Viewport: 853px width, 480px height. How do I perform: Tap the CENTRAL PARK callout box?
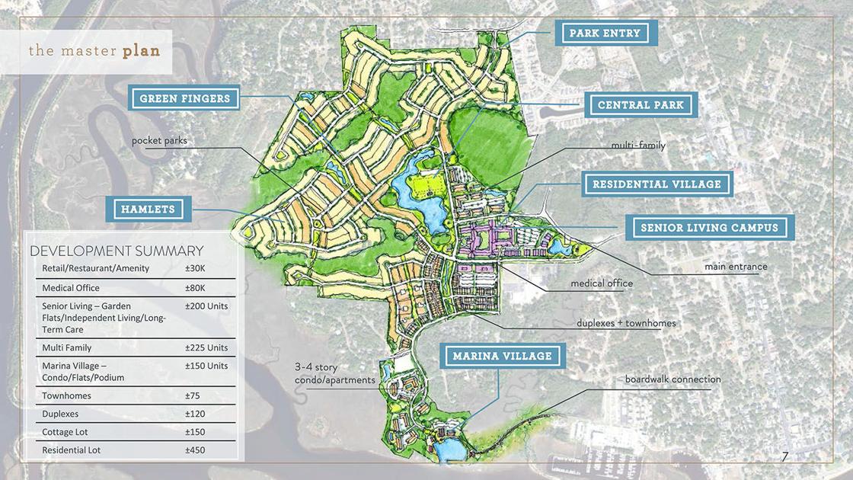tap(641, 105)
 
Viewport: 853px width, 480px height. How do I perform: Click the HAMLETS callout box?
tap(148, 209)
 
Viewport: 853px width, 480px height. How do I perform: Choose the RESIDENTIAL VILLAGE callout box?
tap(657, 184)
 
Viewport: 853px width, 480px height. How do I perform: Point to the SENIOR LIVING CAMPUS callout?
tap(709, 227)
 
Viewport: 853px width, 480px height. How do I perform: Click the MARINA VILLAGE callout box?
tap(502, 356)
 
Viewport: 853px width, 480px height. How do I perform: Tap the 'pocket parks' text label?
tap(159, 141)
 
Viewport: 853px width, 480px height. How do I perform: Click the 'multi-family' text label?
tap(638, 145)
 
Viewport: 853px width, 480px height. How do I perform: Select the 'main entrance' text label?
tap(735, 267)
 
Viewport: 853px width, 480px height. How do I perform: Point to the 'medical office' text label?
tap(602, 283)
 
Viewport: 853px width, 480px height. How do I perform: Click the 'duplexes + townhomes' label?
tap(626, 323)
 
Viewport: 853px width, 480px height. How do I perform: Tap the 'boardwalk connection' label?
tap(672, 379)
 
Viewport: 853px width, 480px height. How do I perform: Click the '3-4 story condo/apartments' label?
tap(334, 373)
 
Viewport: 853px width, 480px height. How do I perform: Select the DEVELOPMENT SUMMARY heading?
tap(116, 251)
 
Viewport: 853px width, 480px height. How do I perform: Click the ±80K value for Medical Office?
tap(195, 288)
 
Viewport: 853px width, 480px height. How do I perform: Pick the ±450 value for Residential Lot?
tap(195, 450)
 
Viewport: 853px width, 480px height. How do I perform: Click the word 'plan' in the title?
tap(141, 52)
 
